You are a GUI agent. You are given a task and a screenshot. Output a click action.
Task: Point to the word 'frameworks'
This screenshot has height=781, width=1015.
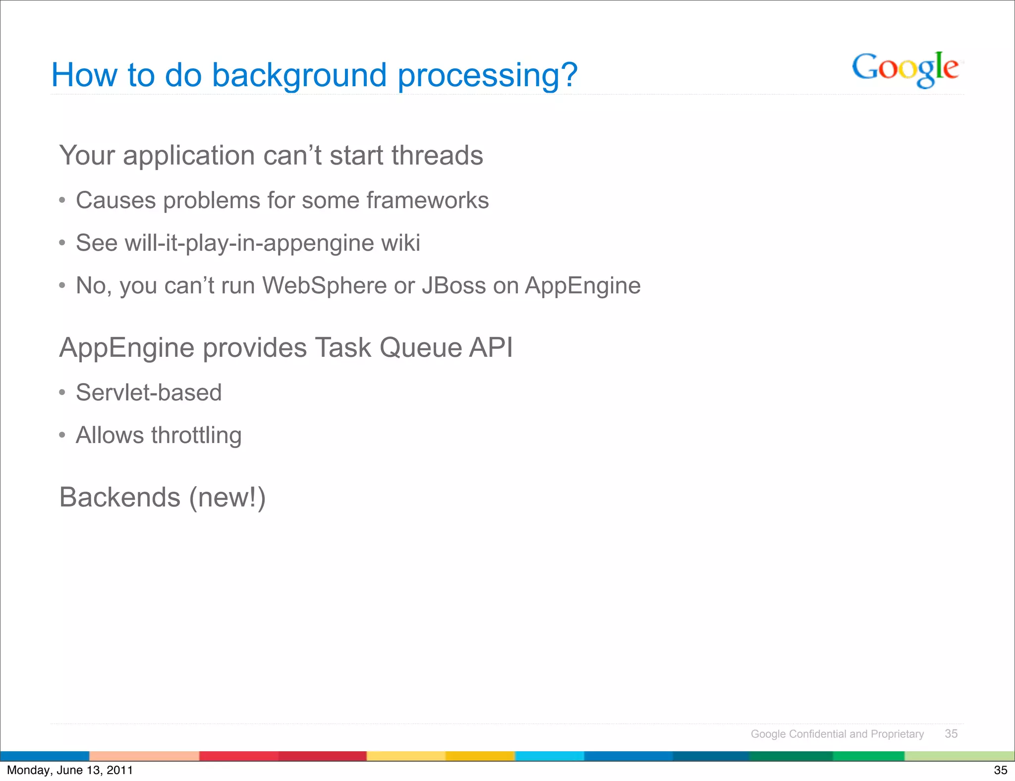pos(427,201)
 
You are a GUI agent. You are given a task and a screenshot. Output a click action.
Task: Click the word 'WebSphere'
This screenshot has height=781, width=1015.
pos(324,285)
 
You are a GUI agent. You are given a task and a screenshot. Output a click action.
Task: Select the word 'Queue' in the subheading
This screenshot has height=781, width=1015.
pos(421,347)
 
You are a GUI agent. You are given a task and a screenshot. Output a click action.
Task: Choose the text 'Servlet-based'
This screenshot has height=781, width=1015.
pos(149,392)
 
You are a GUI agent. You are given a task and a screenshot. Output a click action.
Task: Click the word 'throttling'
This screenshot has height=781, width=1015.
pos(196,436)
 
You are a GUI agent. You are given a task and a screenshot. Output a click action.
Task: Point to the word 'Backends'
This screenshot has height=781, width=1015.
pos(120,497)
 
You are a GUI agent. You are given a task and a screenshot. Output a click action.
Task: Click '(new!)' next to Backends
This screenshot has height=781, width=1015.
pos(227,497)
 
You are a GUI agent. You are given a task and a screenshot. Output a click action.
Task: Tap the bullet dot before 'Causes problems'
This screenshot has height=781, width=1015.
pos(62,201)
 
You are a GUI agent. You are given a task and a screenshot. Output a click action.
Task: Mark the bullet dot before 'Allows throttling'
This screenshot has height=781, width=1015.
pos(62,435)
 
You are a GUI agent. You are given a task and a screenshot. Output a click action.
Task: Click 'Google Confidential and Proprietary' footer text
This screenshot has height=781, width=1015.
pos(837,734)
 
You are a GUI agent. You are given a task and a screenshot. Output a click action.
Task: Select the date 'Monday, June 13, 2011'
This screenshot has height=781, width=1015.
pos(70,770)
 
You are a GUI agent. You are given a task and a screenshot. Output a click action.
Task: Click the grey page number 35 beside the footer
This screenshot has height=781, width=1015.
pos(951,733)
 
